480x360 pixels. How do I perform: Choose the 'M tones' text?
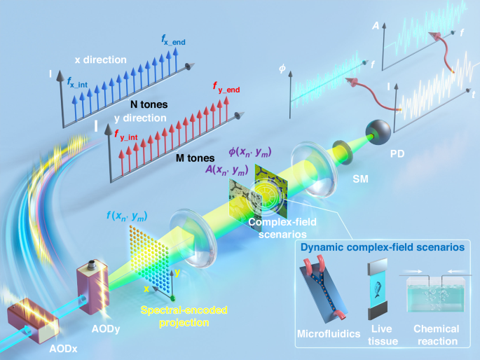point(195,158)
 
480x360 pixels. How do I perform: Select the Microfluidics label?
point(324,330)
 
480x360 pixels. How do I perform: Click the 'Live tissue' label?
point(376,334)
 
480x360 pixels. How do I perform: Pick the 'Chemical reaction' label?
point(436,334)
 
